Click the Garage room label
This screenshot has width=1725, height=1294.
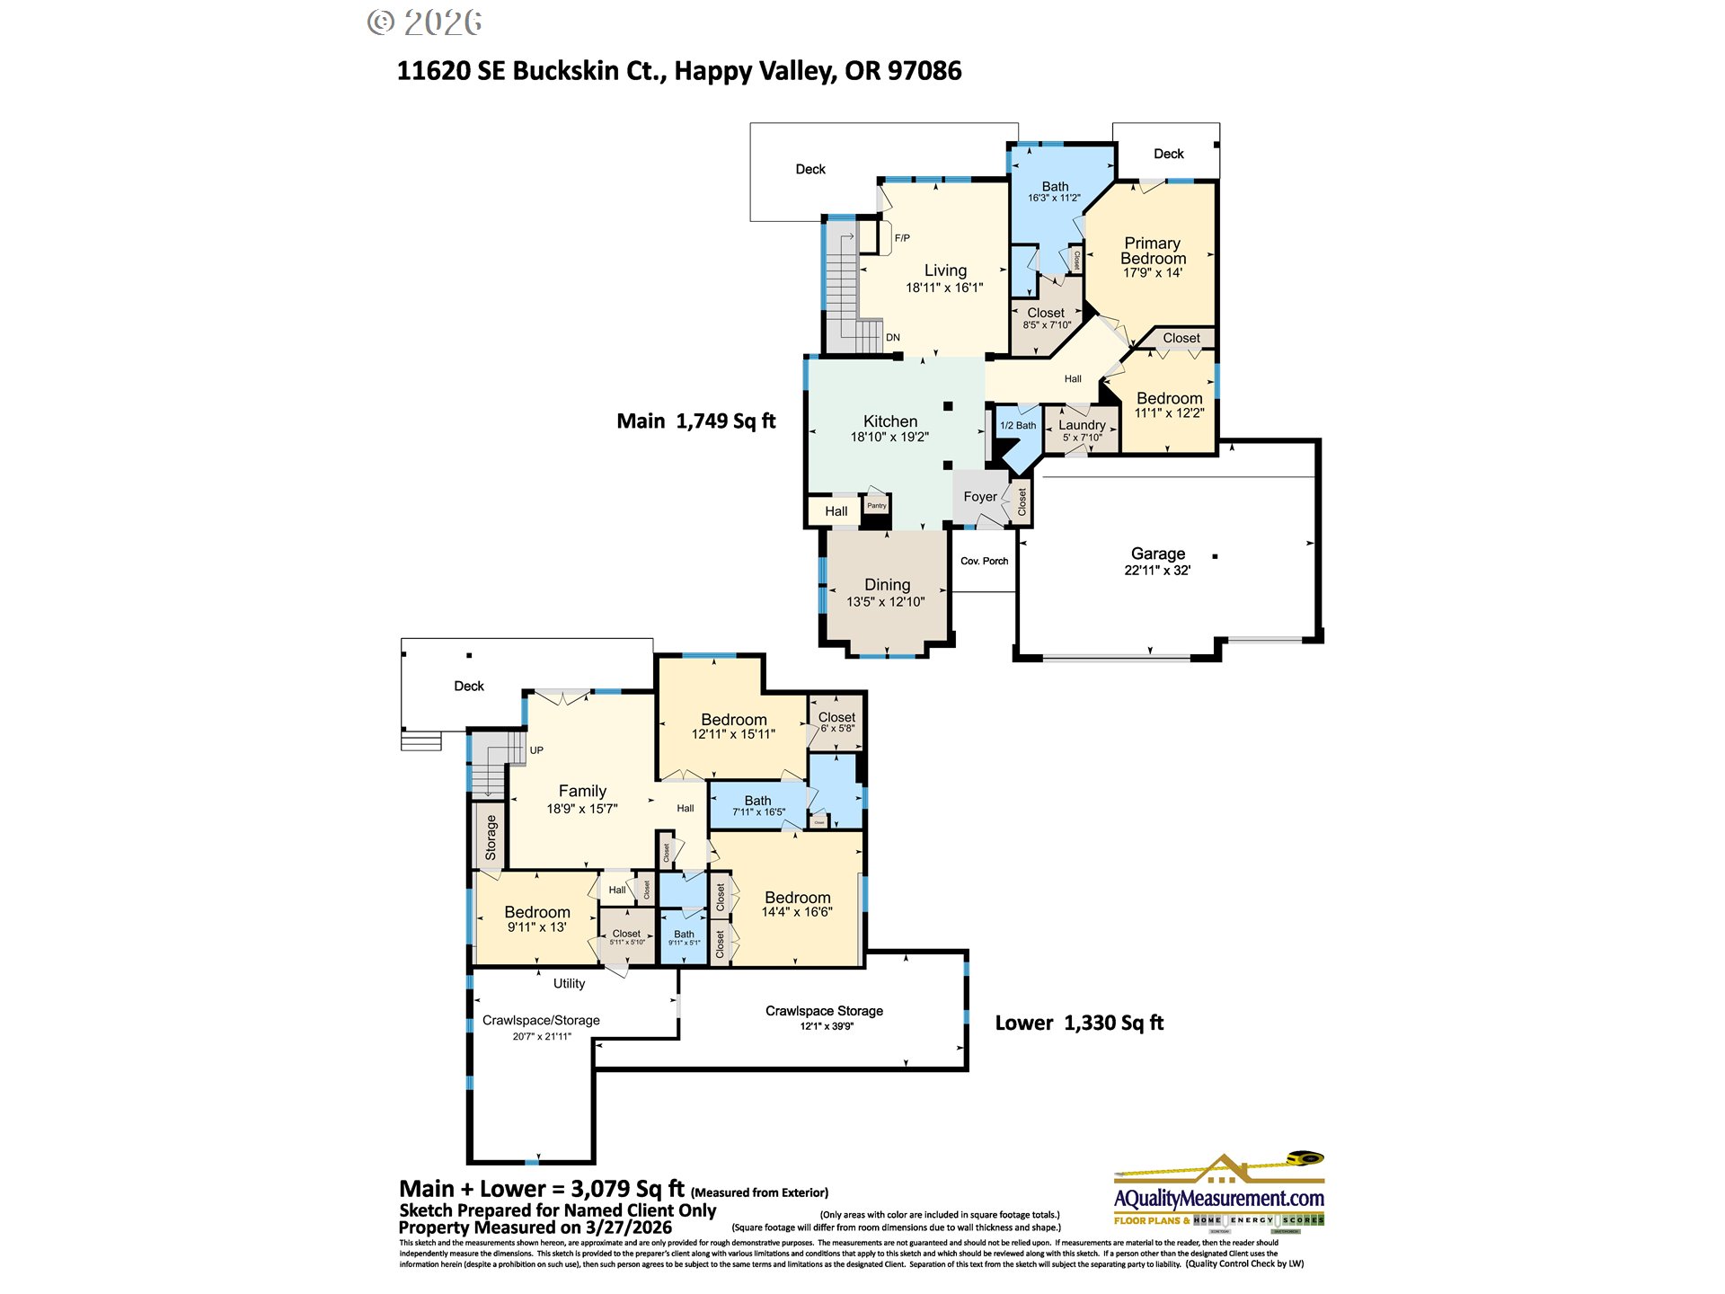(1157, 554)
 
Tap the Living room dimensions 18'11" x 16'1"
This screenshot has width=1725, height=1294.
(944, 288)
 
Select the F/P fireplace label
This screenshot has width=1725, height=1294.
(902, 238)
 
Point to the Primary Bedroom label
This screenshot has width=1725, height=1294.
(1153, 251)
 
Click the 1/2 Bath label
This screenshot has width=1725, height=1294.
(1018, 426)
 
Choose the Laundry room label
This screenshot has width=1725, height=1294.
(1082, 425)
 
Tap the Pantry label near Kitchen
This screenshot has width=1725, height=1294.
(876, 506)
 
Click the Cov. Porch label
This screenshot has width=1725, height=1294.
(984, 561)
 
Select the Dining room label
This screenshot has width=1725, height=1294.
(887, 585)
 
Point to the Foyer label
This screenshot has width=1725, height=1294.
(979, 497)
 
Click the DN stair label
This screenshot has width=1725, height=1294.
(892, 338)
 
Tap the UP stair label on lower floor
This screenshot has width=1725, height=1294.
(536, 750)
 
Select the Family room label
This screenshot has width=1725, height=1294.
(582, 791)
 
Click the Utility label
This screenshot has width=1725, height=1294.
(569, 983)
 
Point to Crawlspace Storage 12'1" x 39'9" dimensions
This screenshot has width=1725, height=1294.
(827, 1026)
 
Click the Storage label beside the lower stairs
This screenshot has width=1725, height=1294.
(491, 837)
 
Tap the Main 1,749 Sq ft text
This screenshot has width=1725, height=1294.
(695, 421)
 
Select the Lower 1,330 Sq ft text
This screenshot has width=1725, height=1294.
(1079, 1023)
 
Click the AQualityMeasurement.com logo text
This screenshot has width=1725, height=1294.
(1218, 1199)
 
